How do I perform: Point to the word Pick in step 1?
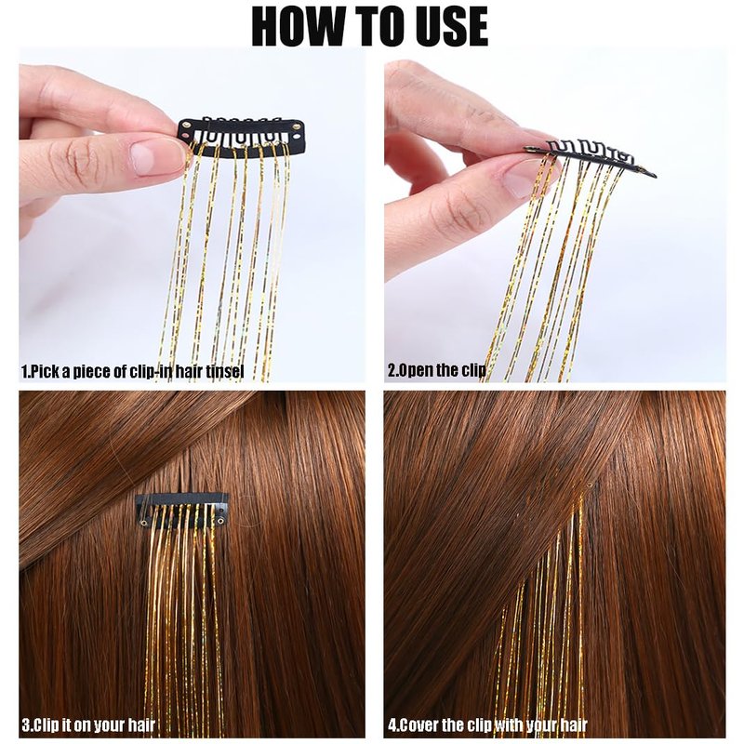(x=45, y=371)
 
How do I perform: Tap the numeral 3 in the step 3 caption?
(x=25, y=725)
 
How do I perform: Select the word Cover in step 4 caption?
(x=420, y=725)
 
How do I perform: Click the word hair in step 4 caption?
(x=574, y=725)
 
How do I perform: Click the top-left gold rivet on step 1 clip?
(x=185, y=126)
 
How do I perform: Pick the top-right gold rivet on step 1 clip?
(x=297, y=126)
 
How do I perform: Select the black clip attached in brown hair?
(x=182, y=511)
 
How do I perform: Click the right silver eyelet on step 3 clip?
(x=221, y=522)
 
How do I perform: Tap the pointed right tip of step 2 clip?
(x=656, y=176)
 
